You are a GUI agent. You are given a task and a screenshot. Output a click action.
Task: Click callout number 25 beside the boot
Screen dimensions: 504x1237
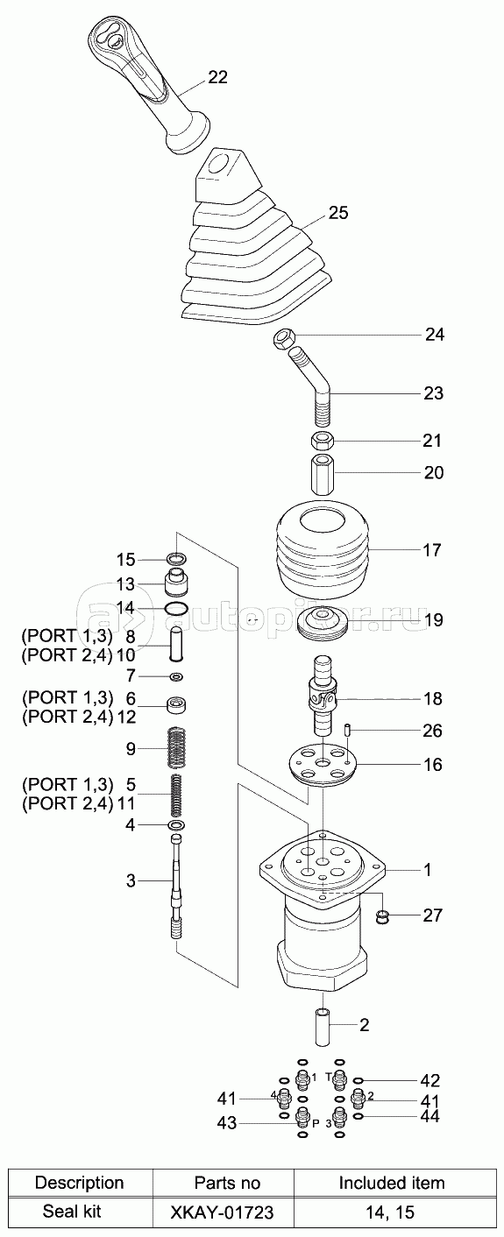point(338,213)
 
